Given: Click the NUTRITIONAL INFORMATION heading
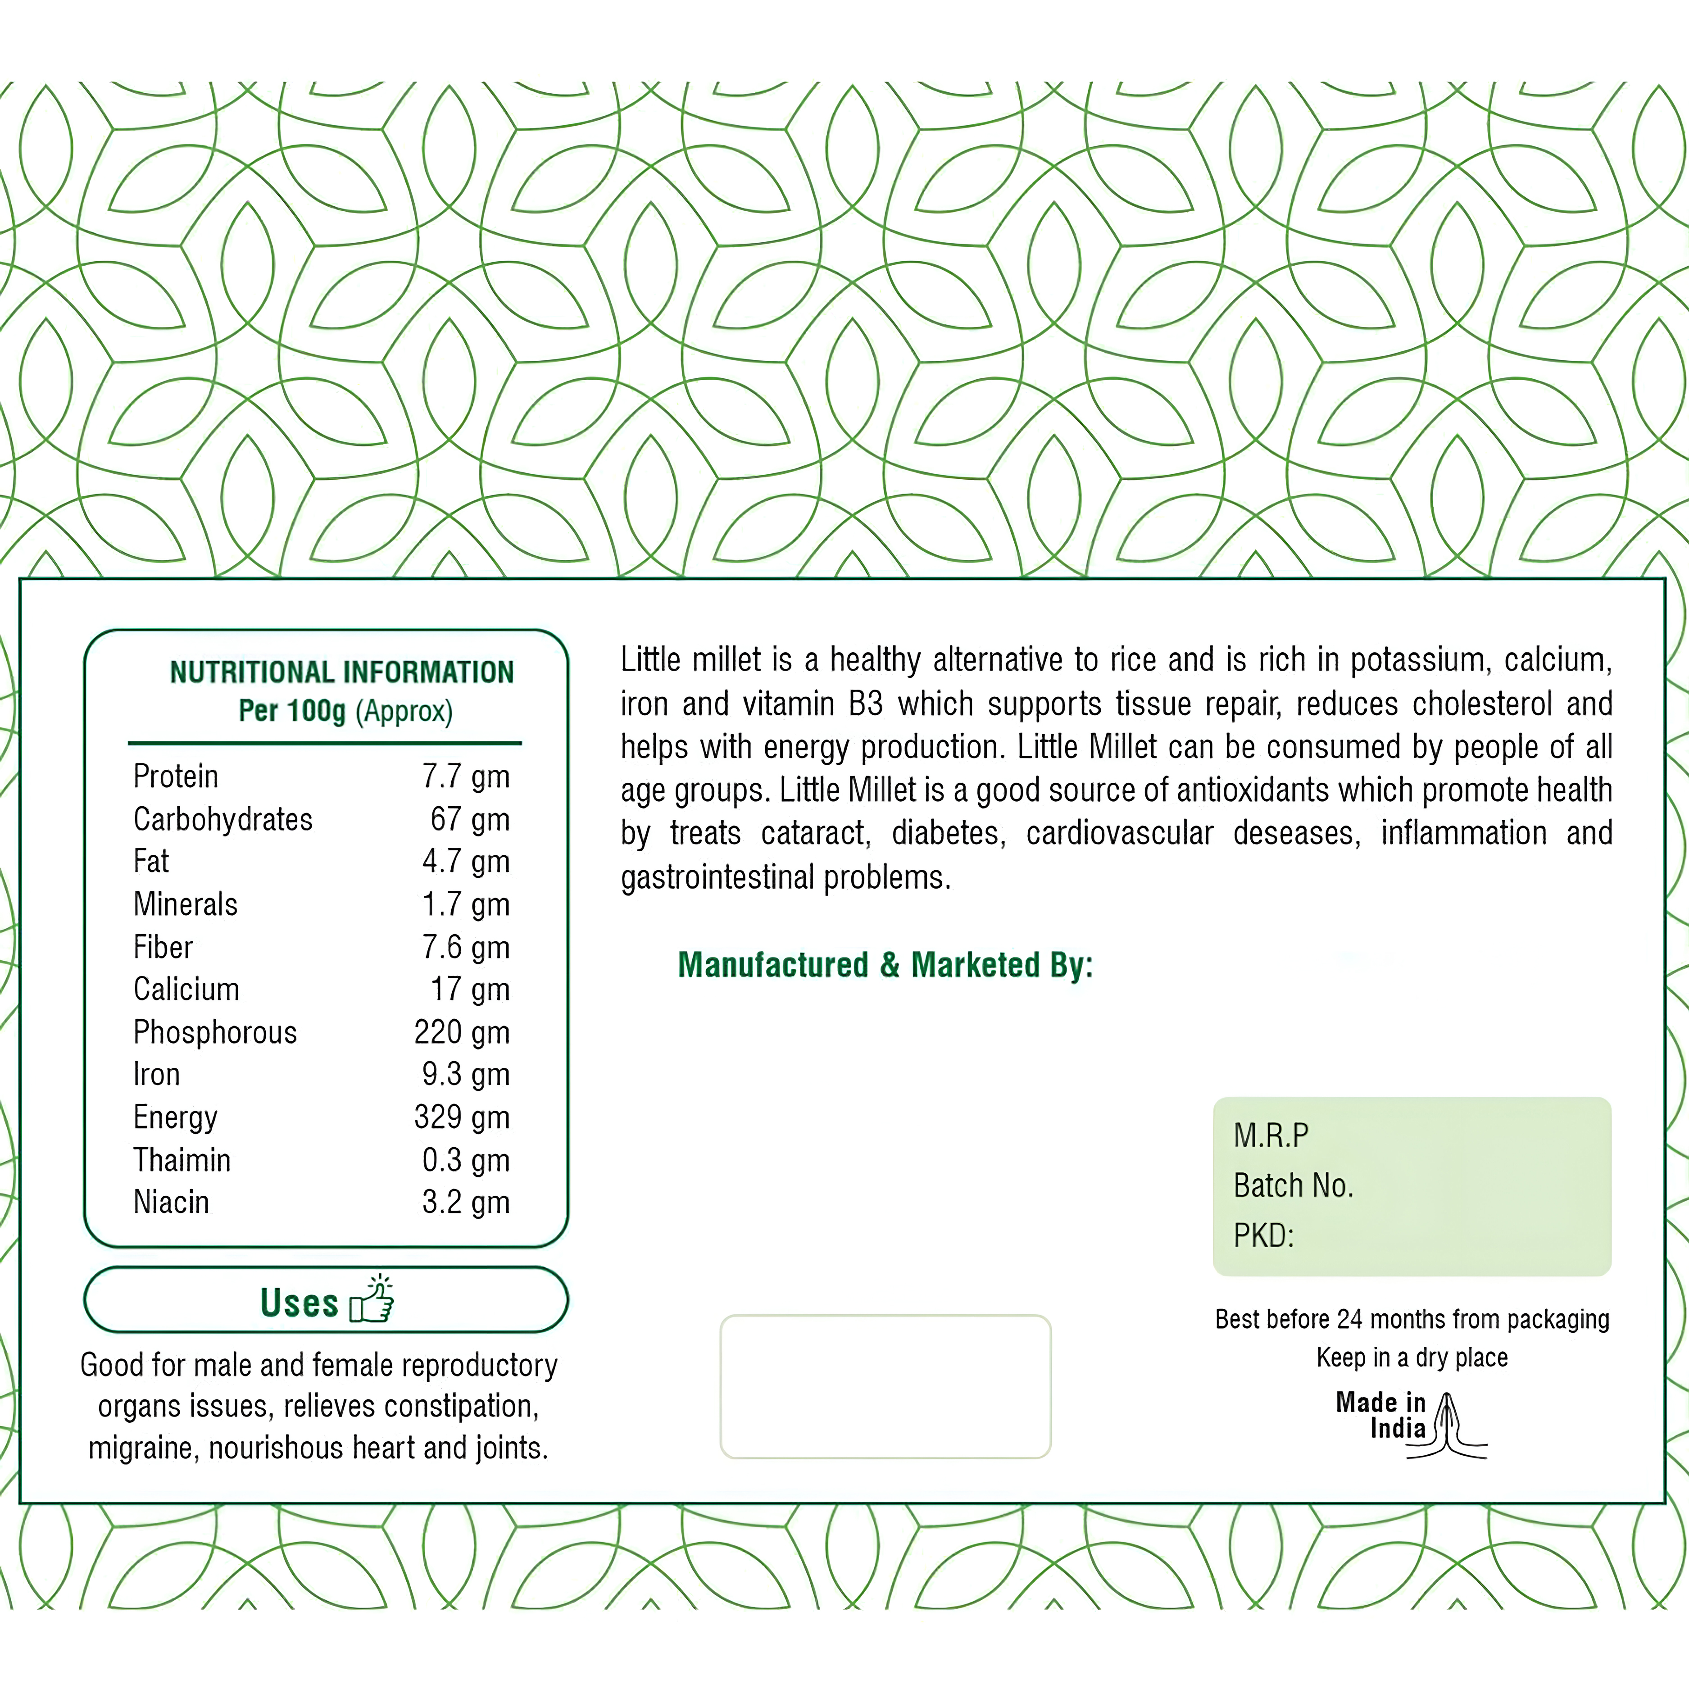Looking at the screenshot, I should pyautogui.click(x=342, y=672).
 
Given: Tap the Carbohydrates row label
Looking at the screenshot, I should pyautogui.click(x=223, y=819).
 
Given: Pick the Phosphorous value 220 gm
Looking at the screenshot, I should pyautogui.click(x=462, y=1032).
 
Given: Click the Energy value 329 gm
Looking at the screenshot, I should pyautogui.click(x=462, y=1117).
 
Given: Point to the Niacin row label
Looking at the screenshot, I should pyautogui.click(x=171, y=1202).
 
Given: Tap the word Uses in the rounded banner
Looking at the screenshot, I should pyautogui.click(x=299, y=1303).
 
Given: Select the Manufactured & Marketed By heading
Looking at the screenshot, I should pyautogui.click(x=885, y=965).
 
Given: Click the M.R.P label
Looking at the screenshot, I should pyautogui.click(x=1271, y=1135).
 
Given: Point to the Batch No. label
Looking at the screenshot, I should pyautogui.click(x=1293, y=1185).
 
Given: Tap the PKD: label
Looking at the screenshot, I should pyautogui.click(x=1263, y=1235).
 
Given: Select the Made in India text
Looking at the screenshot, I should pyautogui.click(x=1381, y=1415).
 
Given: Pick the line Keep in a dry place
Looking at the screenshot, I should pyautogui.click(x=1412, y=1358).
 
